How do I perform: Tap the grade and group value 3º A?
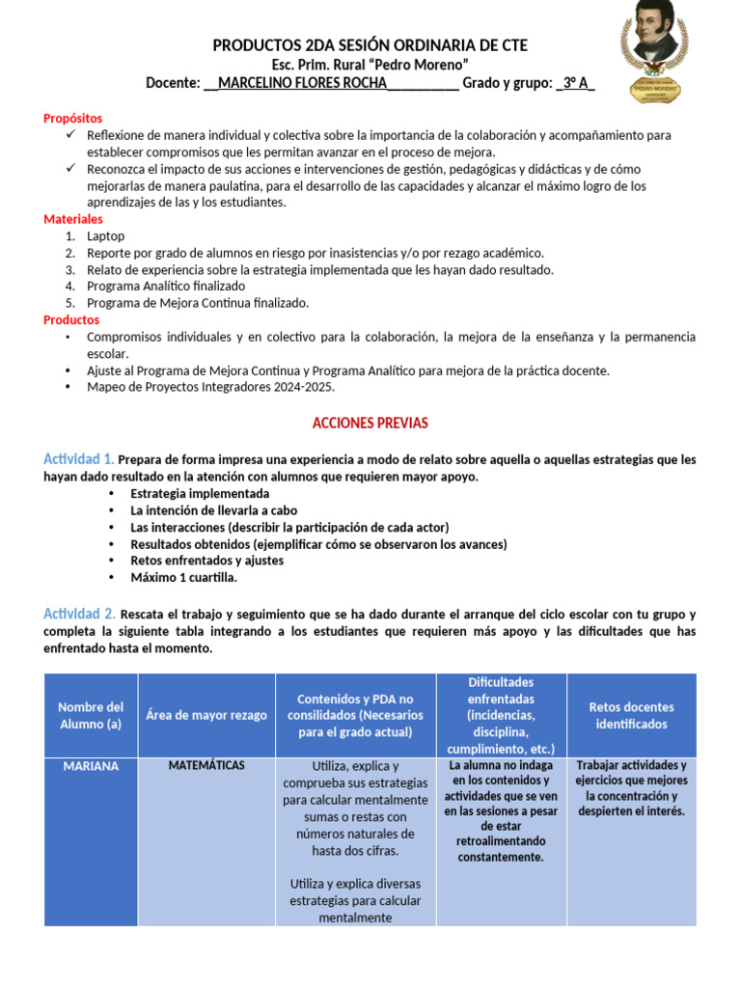pos(576,83)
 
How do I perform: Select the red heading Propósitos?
pos(72,118)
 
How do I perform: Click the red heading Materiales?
pos(72,219)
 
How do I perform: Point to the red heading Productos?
pos(71,319)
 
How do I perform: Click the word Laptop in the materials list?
pos(105,235)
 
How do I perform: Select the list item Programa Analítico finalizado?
pos(166,286)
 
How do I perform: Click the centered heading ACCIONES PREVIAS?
pos(370,424)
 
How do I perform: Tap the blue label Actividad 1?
pos(79,458)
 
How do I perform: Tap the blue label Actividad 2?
pos(79,614)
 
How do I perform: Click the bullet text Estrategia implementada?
pos(200,493)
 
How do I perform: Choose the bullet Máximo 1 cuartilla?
pos(183,577)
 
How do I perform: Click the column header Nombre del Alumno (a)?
pos(91,715)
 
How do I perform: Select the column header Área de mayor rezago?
pos(206,715)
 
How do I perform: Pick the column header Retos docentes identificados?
pos(631,715)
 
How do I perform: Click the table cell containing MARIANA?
pos(91,766)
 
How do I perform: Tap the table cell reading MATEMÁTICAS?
pos(206,765)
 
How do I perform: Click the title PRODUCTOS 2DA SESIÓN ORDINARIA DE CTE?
pos(370,45)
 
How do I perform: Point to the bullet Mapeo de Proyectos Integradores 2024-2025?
pos(210,388)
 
